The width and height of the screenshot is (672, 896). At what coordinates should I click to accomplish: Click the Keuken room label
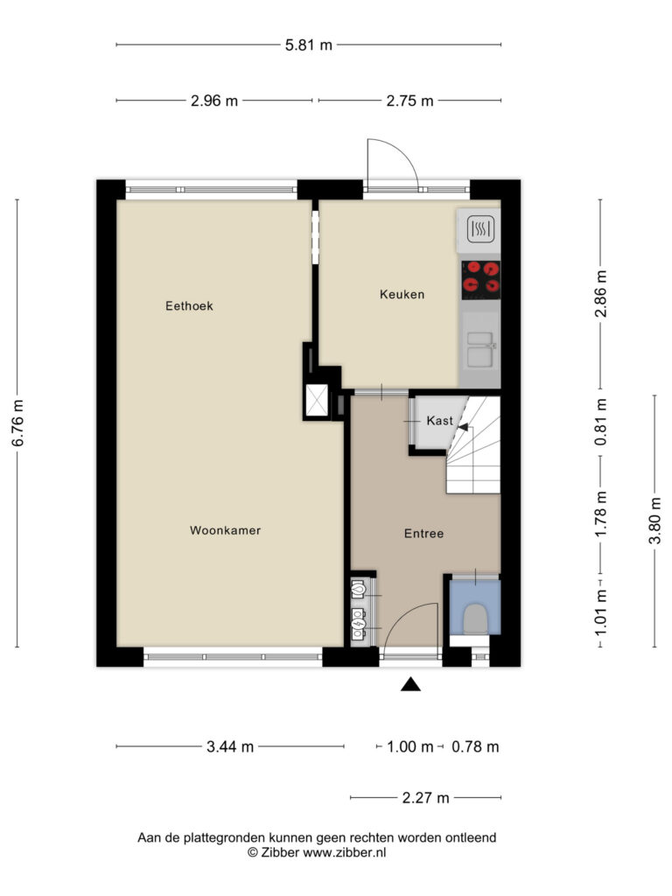tap(402, 294)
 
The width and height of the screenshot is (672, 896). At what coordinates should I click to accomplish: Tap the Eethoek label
tap(189, 305)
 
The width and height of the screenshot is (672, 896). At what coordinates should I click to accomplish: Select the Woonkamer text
tap(225, 530)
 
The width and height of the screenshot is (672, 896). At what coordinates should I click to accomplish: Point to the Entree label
tap(423, 533)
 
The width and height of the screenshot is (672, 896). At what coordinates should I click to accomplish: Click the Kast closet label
tap(439, 421)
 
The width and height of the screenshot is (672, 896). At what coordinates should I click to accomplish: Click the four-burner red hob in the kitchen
tap(480, 280)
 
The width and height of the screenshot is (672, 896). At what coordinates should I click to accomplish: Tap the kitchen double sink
tap(480, 348)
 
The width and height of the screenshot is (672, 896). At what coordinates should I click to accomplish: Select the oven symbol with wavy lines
tap(480, 230)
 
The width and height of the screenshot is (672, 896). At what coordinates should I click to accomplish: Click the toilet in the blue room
tap(475, 619)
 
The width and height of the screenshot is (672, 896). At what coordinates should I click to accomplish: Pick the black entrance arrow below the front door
tap(410, 684)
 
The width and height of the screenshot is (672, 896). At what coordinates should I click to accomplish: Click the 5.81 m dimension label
tap(309, 45)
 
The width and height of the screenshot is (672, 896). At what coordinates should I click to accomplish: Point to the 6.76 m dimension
tap(17, 423)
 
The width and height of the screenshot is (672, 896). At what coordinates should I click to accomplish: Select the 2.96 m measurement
tap(214, 101)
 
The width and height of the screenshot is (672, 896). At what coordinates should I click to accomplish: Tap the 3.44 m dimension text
tap(230, 746)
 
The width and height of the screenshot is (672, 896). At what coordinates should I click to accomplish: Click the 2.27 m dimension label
tap(426, 798)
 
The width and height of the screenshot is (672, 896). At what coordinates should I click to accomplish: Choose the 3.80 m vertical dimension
tap(655, 521)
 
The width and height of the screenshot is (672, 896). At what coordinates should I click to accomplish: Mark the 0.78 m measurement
tap(475, 746)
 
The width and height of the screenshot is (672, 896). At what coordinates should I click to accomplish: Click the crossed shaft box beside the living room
tap(317, 400)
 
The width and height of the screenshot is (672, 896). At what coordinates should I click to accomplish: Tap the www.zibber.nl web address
tap(344, 852)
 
